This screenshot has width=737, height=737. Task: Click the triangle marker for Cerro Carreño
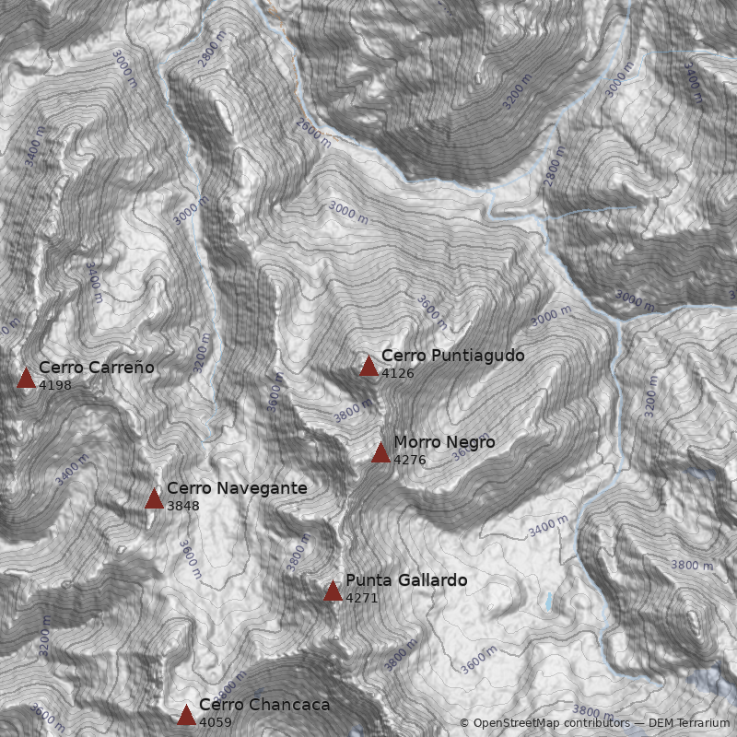pyautogui.click(x=26, y=378)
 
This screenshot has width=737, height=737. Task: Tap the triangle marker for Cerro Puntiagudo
pyautogui.click(x=368, y=367)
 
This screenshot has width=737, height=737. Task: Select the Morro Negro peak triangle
pyautogui.click(x=380, y=452)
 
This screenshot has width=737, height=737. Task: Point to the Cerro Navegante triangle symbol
pyautogui.click(x=154, y=499)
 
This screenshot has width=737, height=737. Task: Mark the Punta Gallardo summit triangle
pyautogui.click(x=333, y=591)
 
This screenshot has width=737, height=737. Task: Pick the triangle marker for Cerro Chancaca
pyautogui.click(x=186, y=715)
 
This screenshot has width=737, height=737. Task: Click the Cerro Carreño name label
pyautogui.click(x=97, y=368)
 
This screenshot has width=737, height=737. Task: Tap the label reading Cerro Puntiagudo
pyautogui.click(x=452, y=356)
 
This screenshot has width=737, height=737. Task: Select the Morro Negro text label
pyautogui.click(x=444, y=442)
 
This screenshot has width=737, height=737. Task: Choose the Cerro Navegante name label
pyautogui.click(x=237, y=488)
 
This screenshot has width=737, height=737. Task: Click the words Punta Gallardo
pyautogui.click(x=406, y=580)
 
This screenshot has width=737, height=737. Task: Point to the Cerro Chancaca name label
pyautogui.click(x=264, y=705)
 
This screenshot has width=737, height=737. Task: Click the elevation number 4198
pyautogui.click(x=55, y=385)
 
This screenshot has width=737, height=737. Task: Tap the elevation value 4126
pyautogui.click(x=398, y=373)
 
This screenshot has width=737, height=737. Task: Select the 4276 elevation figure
pyautogui.click(x=410, y=460)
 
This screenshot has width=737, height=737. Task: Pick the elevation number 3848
pyautogui.click(x=183, y=506)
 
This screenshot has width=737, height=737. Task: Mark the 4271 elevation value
pyautogui.click(x=362, y=598)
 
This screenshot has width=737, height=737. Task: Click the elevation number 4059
pyautogui.click(x=216, y=722)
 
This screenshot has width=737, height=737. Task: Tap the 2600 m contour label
pyautogui.click(x=313, y=133)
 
